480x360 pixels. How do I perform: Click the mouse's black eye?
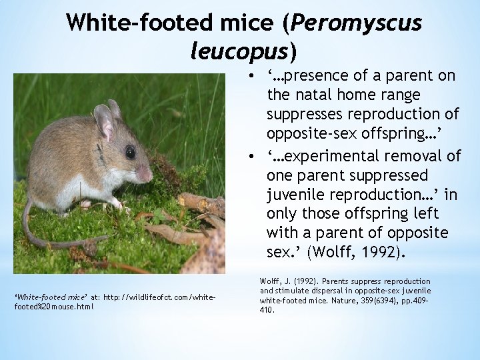point(130,152)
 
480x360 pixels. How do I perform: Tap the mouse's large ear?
point(103,121)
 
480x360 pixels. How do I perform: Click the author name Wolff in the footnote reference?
point(268,281)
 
